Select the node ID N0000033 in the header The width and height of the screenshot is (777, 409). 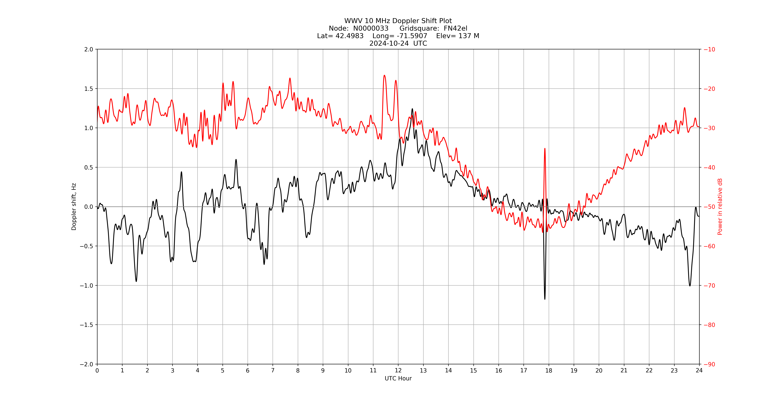pyautogui.click(x=371, y=28)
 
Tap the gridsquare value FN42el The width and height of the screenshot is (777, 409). pyautogui.click(x=455, y=28)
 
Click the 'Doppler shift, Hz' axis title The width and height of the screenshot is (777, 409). pyautogui.click(x=74, y=207)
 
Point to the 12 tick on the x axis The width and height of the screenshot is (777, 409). pyautogui.click(x=398, y=370)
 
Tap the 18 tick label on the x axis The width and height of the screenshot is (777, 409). pyautogui.click(x=549, y=370)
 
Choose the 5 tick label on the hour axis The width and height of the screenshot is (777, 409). pyautogui.click(x=223, y=370)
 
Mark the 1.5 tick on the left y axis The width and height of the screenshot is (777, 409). pyautogui.click(x=89, y=89)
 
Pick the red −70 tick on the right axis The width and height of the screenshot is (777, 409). pyautogui.click(x=709, y=285)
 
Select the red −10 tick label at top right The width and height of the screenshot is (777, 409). pyautogui.click(x=709, y=49)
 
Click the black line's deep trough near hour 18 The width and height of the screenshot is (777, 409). pyautogui.click(x=545, y=299)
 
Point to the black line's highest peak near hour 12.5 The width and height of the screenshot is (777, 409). pyautogui.click(x=412, y=109)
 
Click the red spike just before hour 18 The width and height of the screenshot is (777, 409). pyautogui.click(x=545, y=149)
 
